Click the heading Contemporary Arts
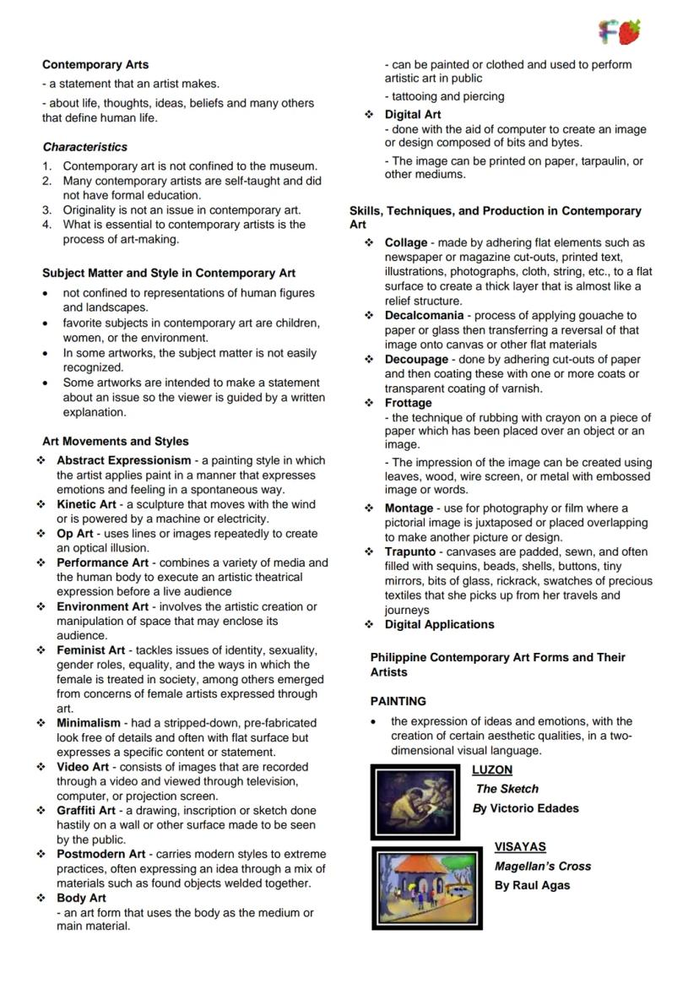click(95, 64)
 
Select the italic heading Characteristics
click(85, 147)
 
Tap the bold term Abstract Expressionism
click(124, 460)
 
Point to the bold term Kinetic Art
click(86, 504)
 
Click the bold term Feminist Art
click(90, 650)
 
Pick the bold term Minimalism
click(89, 723)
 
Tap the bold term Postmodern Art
click(100, 855)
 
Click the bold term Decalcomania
click(424, 316)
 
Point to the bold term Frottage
click(408, 403)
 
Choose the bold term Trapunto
click(410, 552)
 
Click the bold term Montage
click(409, 508)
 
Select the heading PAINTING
click(398, 701)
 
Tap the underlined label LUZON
click(492, 770)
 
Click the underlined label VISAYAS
click(520, 846)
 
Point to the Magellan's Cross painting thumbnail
click(426, 888)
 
